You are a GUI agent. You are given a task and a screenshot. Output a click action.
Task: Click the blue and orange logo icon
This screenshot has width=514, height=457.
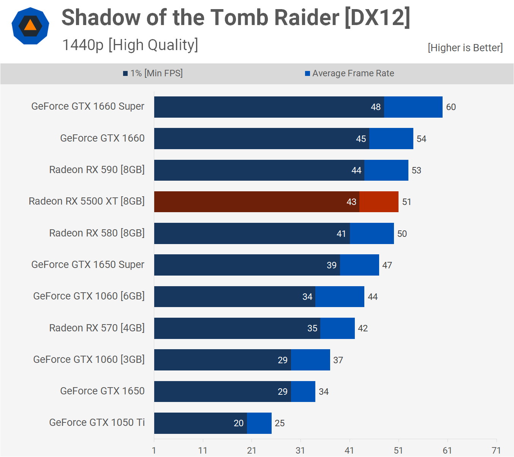30,26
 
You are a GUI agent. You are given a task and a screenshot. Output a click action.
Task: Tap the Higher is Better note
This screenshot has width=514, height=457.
465,48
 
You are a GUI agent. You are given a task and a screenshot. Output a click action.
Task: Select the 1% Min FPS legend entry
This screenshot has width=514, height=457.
153,73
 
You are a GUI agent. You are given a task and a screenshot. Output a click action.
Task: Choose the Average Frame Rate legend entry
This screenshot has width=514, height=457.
350,73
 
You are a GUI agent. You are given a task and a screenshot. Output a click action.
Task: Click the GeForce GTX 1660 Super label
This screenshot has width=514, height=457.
88,106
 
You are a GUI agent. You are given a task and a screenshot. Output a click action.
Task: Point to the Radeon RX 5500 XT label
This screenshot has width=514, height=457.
87,201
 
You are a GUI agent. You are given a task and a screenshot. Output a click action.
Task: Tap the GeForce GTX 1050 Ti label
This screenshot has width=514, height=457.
97,422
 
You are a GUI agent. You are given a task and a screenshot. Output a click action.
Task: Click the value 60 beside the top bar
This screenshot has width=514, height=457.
451,107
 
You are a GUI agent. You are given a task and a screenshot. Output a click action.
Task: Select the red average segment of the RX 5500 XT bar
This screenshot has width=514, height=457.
379,202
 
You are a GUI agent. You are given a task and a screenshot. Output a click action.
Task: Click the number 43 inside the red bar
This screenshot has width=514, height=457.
351,202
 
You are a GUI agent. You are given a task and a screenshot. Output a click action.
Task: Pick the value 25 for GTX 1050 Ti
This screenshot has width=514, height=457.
280,423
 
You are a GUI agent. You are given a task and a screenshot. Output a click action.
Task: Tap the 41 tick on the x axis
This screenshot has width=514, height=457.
350,451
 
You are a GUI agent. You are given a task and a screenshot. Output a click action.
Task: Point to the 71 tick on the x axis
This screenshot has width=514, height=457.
496,451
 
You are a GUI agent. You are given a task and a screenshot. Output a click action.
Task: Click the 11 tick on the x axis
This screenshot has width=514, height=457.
203,451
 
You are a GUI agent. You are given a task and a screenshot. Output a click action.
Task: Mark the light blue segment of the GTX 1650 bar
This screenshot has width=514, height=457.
303,391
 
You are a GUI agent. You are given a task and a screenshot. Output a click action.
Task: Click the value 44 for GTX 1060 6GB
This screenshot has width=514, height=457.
373,297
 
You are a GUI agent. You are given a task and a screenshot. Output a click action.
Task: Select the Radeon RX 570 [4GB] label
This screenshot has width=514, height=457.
97,328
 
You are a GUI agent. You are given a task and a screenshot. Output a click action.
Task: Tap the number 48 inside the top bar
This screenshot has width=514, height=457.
376,107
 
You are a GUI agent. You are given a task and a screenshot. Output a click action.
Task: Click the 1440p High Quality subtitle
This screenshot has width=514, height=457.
130,45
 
